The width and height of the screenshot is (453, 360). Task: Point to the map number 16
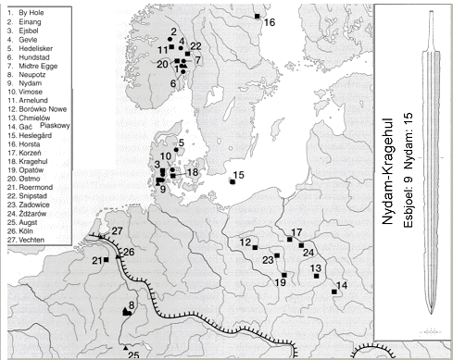[x=270, y=21]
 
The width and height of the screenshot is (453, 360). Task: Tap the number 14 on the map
[x=343, y=285]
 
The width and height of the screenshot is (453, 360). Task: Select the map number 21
[x=95, y=262]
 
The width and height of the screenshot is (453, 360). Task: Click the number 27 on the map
[x=118, y=230]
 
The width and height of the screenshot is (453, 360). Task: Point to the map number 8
[x=132, y=306]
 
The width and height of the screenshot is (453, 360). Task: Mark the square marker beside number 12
[x=255, y=249]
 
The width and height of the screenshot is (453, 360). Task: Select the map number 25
[x=133, y=354]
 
